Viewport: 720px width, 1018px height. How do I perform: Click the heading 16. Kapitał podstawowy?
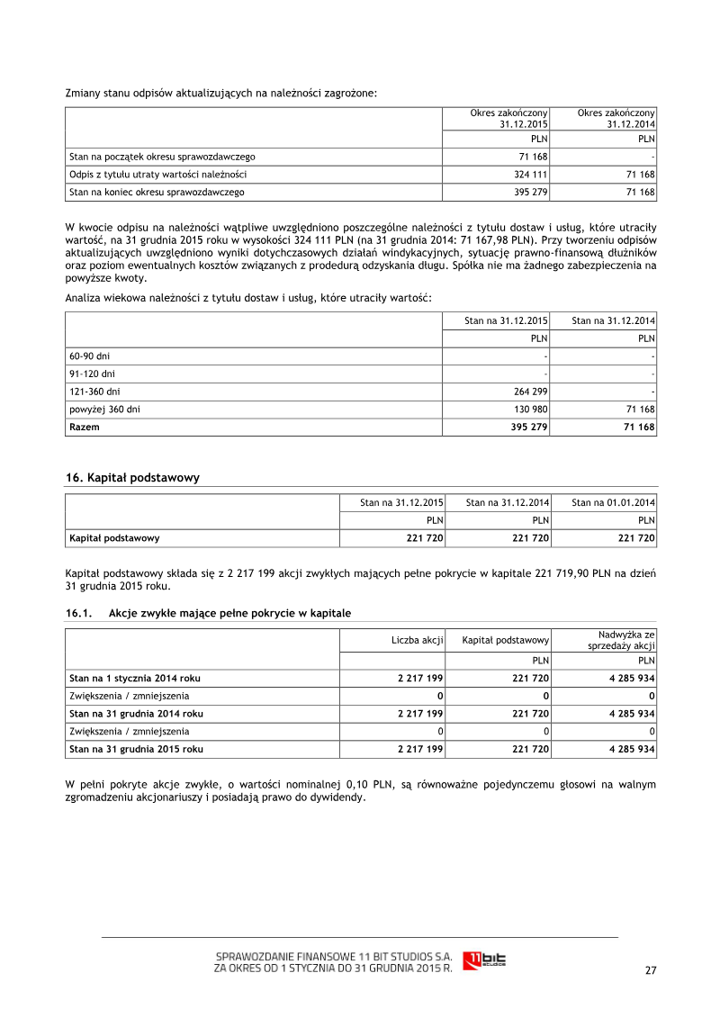click(x=133, y=478)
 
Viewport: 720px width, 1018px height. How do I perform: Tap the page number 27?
click(x=651, y=970)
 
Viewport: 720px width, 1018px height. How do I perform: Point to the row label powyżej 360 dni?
click(x=104, y=410)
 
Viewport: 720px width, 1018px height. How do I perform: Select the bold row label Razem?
click(x=85, y=428)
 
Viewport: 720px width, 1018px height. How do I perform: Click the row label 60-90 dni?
click(x=91, y=356)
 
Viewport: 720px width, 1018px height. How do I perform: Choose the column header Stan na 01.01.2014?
click(x=613, y=502)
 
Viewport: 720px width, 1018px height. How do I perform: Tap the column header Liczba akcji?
click(x=418, y=640)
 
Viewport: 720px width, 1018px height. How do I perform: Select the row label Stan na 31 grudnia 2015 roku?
click(x=136, y=749)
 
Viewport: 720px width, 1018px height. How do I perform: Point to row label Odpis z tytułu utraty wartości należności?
click(x=158, y=175)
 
